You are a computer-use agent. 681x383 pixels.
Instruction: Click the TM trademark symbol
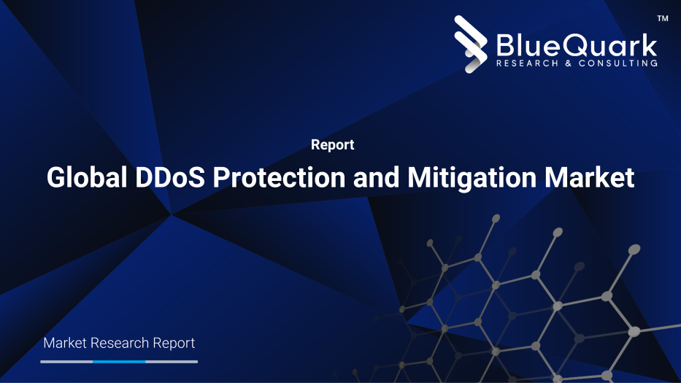[x=663, y=18]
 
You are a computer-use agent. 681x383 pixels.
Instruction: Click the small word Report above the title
[x=332, y=145]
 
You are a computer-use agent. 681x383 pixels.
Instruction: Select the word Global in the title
[x=87, y=177]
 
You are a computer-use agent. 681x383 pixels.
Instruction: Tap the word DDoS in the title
[x=172, y=177]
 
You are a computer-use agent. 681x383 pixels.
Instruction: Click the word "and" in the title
[x=375, y=177]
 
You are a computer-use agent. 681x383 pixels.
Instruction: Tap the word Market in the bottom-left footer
[x=66, y=343]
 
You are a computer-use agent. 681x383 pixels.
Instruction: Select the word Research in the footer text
[x=120, y=343]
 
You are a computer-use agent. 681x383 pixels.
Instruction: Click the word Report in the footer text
[x=174, y=343]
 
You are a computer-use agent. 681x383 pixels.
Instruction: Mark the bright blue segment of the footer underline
[x=119, y=361]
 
